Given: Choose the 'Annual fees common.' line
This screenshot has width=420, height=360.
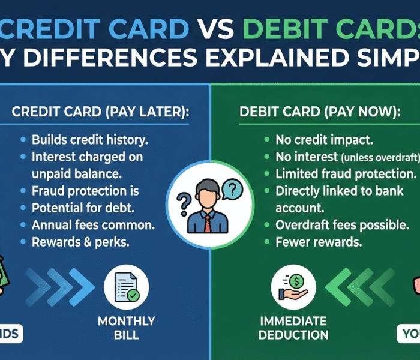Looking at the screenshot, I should pos(93,226).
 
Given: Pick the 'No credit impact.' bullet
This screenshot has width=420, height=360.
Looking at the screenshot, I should pos(324,140).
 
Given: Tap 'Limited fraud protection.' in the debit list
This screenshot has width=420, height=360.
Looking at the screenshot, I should pos(346,174).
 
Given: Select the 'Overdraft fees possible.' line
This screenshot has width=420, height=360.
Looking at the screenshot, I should pos(337,226).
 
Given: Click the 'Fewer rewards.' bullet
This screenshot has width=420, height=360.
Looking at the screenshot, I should pos(318,243).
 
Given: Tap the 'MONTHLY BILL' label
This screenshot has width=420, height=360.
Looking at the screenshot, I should pos(126,328).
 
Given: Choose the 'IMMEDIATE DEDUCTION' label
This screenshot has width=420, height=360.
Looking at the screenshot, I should pos(293,328).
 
